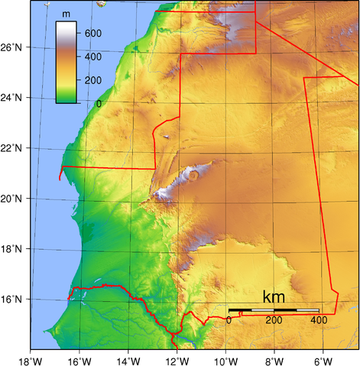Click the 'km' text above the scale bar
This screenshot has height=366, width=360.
(274, 296)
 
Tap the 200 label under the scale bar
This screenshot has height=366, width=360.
(274, 320)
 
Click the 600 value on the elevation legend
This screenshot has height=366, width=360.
(93, 34)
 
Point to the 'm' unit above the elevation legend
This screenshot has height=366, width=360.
(67, 14)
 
